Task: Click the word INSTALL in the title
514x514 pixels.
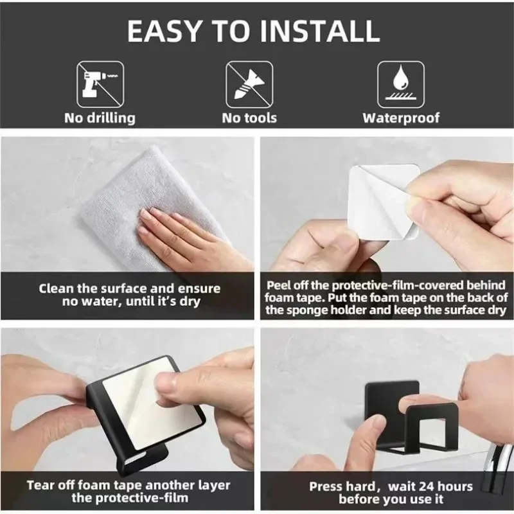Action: (320, 31)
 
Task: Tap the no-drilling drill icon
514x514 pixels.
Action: (100, 84)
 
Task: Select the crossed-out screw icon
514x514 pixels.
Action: (249, 84)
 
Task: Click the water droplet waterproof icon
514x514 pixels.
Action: (400, 84)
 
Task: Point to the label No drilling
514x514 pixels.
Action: (100, 118)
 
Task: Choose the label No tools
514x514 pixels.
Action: (249, 118)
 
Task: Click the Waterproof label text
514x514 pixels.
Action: (401, 118)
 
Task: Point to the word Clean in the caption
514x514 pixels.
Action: (56, 288)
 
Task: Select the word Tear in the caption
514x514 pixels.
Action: (40, 485)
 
